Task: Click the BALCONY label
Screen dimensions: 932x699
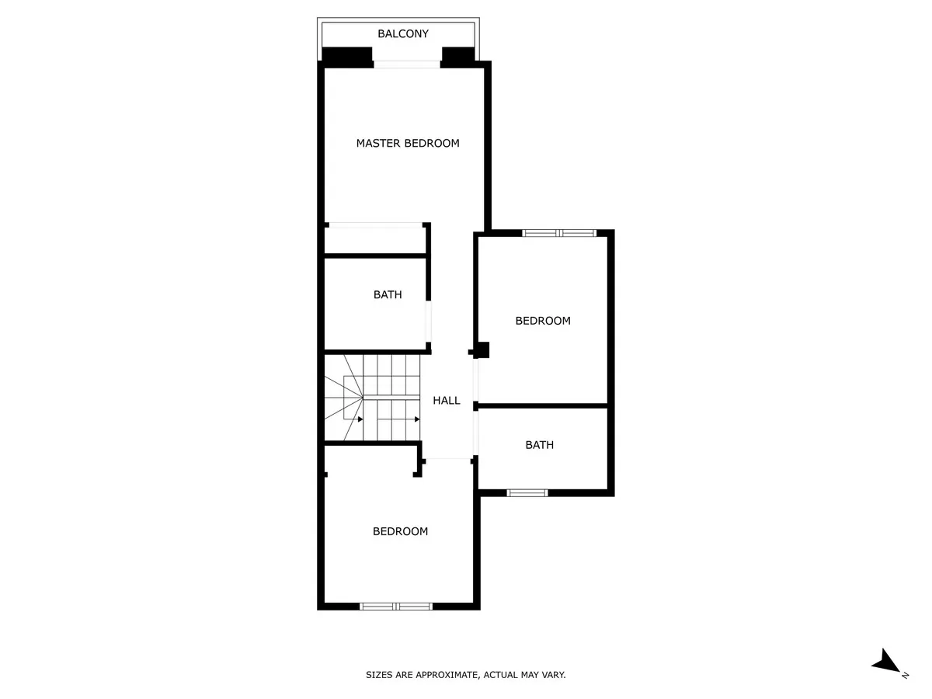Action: click(403, 33)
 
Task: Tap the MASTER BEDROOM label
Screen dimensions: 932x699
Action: click(408, 144)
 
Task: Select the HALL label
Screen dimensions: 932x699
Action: click(447, 401)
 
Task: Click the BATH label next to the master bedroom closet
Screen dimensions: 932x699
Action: click(388, 294)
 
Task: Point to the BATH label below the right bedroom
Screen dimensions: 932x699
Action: click(539, 445)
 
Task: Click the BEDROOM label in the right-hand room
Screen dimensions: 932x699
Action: click(543, 321)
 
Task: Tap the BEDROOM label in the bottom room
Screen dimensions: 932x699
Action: click(400, 531)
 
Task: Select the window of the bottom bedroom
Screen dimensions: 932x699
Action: click(396, 607)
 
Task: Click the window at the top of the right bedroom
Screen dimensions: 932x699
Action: click(558, 233)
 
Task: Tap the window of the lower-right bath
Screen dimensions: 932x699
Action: click(527, 492)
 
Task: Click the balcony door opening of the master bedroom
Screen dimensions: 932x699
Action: click(407, 64)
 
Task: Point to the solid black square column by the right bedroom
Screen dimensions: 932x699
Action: click(482, 350)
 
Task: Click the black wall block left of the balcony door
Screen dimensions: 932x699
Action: click(347, 57)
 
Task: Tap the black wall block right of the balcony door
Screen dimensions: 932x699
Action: click(458, 57)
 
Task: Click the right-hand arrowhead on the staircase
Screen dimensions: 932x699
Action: click(417, 419)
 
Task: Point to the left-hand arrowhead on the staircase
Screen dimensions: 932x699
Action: click(360, 419)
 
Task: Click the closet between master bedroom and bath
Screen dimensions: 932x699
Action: click(375, 240)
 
